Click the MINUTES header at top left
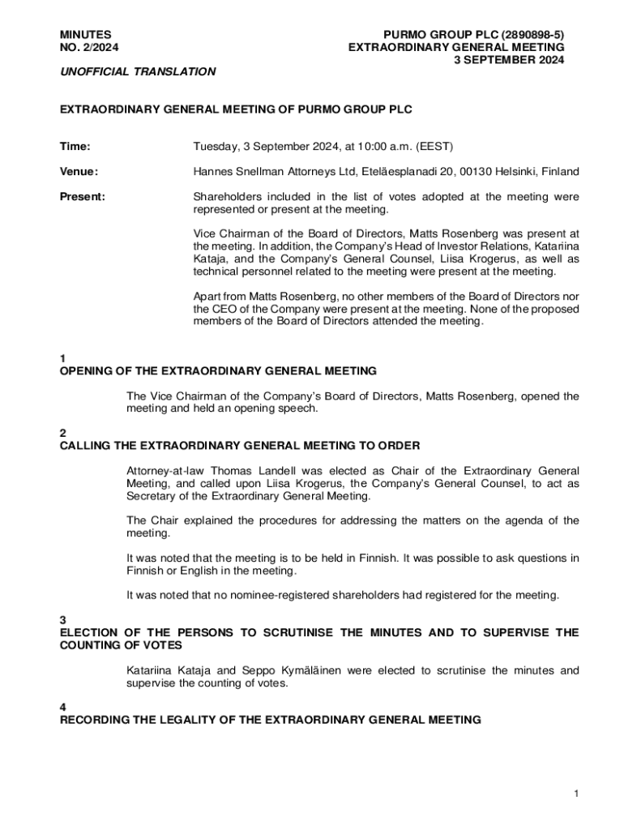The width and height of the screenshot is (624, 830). (x=86, y=35)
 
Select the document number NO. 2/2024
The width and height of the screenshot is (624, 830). (x=89, y=48)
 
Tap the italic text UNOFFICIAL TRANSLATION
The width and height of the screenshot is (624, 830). (x=138, y=71)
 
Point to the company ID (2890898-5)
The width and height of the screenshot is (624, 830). (x=532, y=35)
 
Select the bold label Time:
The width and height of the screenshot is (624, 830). (x=75, y=147)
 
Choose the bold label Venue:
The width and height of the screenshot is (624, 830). (x=79, y=171)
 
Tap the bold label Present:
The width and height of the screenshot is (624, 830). (x=83, y=197)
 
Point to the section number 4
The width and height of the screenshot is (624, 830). (x=63, y=706)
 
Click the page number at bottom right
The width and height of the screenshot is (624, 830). (x=575, y=794)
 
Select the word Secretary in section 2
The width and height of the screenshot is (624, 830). (x=152, y=496)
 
